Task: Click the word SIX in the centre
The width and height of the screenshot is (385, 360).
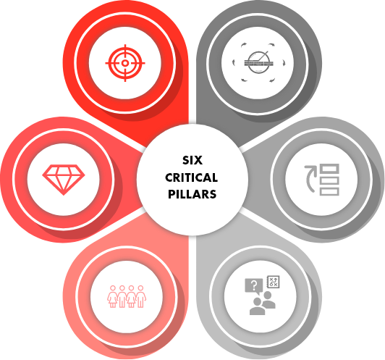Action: tap(192, 160)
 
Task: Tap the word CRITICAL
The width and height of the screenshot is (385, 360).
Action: tap(192, 177)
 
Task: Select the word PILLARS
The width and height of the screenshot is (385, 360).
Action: tap(192, 194)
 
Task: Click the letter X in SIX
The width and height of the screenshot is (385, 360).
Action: tap(198, 160)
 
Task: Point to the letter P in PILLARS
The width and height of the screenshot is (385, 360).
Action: tap(171, 194)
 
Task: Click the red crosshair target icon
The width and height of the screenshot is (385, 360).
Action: tap(125, 63)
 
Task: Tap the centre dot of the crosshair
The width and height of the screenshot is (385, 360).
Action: tap(125, 63)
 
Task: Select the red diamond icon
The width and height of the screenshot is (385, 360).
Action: tap(64, 180)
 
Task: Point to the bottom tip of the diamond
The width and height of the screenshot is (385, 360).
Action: tap(64, 195)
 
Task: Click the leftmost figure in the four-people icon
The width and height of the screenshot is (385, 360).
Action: tap(113, 296)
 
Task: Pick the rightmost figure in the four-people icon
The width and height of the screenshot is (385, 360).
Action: tap(140, 296)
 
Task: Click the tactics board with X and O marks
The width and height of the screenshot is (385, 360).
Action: tap(273, 282)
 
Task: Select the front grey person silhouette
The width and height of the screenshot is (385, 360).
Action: tap(257, 306)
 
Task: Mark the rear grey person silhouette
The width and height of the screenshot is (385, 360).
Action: tap(268, 300)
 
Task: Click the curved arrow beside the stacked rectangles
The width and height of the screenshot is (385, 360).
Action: tap(309, 178)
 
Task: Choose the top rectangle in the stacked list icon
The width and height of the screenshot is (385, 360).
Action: tap(329, 169)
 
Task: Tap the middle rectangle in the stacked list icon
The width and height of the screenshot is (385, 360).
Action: tap(329, 180)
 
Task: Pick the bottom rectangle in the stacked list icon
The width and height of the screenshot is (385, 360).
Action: tap(329, 191)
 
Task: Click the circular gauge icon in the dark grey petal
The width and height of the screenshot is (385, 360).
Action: tap(259, 62)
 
